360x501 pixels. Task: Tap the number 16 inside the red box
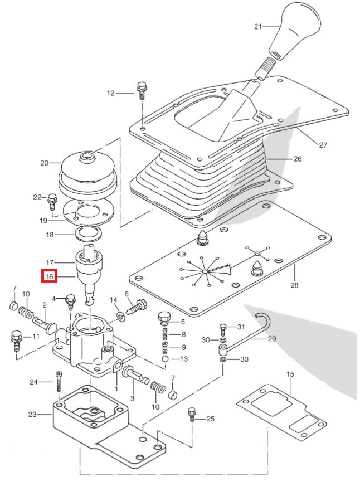coord(49,276)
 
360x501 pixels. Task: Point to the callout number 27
coord(323,145)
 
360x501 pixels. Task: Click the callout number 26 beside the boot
coord(297,159)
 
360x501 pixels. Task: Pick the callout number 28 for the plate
coord(294,285)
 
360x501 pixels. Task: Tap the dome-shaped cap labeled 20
coord(87,170)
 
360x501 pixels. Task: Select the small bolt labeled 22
coord(53,198)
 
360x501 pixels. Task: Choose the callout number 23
coord(32,414)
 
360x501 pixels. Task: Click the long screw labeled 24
coord(58,383)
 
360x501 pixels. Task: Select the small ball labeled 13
coord(166,359)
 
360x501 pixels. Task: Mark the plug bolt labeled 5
coord(164,319)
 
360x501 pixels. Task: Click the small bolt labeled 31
coord(223,328)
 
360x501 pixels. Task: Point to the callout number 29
coord(271,338)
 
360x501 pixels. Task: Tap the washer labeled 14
coord(120,317)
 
